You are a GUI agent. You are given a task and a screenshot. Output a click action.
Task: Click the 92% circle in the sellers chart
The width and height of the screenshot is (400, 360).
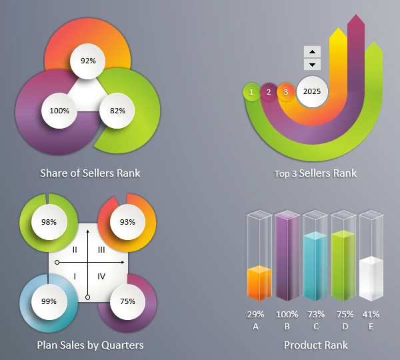88,60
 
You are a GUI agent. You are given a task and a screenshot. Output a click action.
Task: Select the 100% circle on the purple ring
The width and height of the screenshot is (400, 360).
59,110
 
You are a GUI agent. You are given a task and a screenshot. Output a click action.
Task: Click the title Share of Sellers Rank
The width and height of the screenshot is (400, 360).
90,173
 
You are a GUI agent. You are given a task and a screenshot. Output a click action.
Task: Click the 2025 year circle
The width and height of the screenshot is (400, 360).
312,91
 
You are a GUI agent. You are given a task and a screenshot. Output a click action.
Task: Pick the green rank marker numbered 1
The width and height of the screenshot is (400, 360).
251,91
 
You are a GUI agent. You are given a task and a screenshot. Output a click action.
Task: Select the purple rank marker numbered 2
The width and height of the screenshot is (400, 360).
269,91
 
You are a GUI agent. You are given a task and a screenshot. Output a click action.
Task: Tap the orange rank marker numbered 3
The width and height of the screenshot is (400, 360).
285,91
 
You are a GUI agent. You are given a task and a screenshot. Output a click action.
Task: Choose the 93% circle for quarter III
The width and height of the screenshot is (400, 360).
127,221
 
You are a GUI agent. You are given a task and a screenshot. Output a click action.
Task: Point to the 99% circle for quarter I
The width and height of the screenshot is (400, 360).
49,301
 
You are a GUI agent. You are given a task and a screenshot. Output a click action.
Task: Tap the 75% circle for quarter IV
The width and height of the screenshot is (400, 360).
127,301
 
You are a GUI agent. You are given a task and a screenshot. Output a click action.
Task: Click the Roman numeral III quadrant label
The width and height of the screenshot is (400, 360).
101,249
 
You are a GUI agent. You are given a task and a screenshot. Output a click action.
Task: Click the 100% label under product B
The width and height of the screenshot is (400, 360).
287,314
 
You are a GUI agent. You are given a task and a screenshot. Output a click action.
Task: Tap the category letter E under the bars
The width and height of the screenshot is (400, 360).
371,327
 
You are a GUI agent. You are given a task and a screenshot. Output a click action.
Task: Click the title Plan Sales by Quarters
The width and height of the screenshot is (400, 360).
90,345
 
